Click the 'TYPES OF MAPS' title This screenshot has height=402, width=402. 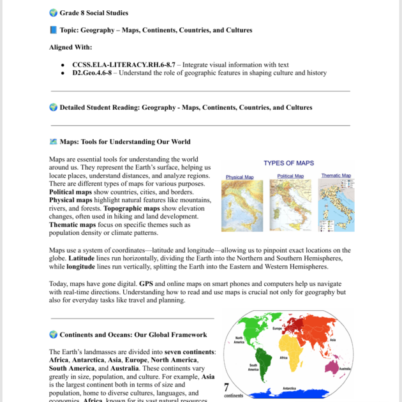(288, 163)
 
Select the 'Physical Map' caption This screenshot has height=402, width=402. (239, 177)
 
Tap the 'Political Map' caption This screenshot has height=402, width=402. (290, 176)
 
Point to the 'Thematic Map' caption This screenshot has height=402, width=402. (336, 175)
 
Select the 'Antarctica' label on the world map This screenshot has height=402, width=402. (289, 388)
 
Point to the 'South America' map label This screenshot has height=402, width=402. (253, 368)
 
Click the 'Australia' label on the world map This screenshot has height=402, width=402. (345, 369)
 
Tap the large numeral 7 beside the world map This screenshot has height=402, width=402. (227, 387)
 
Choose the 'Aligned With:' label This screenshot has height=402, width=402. (70, 47)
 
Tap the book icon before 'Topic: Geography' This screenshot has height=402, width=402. (53, 30)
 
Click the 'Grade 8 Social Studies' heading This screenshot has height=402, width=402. (93, 12)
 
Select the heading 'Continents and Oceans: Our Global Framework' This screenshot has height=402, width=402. (133, 334)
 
